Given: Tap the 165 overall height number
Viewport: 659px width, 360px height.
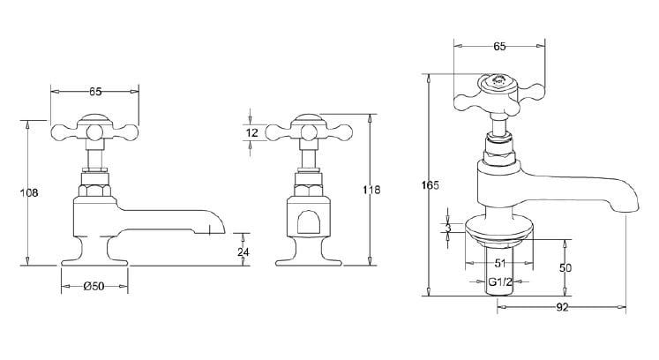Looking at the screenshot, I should (431, 185).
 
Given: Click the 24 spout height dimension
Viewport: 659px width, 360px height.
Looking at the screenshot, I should (244, 252).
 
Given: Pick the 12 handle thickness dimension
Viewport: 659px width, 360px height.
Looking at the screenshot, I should (252, 133).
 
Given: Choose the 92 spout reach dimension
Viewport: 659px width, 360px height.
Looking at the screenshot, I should (563, 307).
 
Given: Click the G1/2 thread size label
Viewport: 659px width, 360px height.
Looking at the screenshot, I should (503, 283).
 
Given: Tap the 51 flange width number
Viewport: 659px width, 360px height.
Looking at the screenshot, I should (500, 261).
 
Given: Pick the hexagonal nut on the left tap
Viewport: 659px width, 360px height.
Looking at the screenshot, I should (94, 187).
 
